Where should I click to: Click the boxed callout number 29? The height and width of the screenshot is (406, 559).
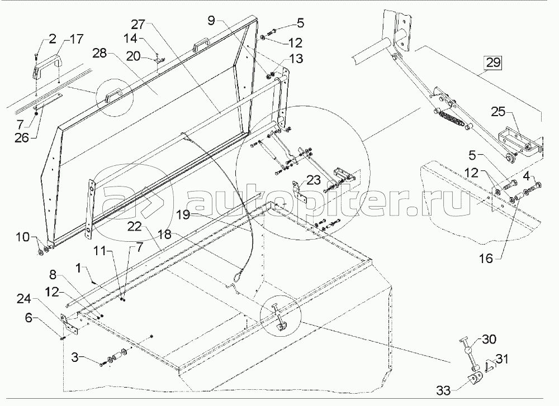point(493,63)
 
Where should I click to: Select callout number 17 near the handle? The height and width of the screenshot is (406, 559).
point(75,39)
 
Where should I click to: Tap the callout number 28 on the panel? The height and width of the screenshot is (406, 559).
point(100,53)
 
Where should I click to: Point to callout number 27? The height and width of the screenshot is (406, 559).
point(138,24)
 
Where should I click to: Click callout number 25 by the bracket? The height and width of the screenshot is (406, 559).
point(499,112)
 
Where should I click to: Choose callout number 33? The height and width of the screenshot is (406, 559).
point(444,391)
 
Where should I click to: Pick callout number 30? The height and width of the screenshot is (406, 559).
point(490,339)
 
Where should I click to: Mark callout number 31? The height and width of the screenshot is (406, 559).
point(502,359)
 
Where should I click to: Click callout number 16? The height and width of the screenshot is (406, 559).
point(485,258)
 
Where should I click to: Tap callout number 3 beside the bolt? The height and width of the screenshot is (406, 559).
point(74,356)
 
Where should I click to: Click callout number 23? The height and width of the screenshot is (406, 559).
point(314,180)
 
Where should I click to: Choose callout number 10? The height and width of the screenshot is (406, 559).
point(22,237)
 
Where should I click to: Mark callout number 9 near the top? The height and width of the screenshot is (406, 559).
point(211,21)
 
